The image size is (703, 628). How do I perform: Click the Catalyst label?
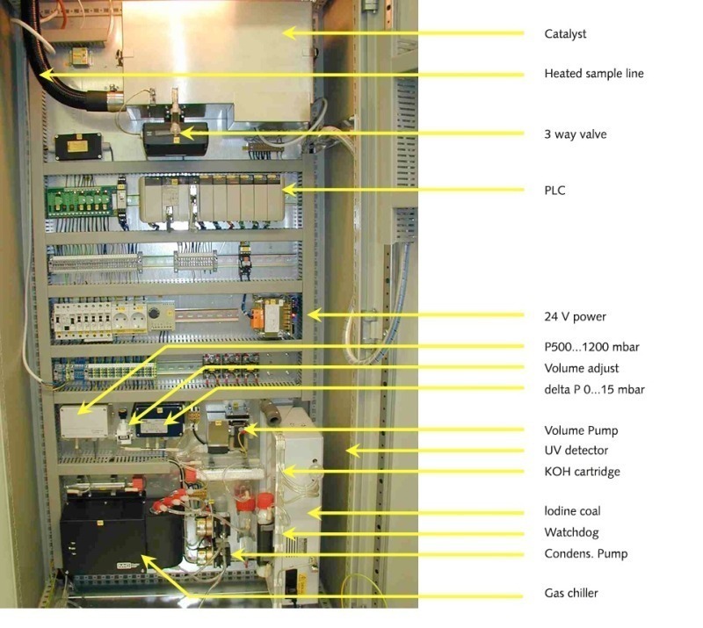pyautogui.click(x=565, y=34)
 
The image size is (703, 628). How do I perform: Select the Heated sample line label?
pyautogui.click(x=594, y=74)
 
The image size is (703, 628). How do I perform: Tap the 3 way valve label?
pyautogui.click(x=576, y=134)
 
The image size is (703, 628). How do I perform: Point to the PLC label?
pyautogui.click(x=555, y=190)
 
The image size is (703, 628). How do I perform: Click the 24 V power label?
pyautogui.click(x=575, y=316)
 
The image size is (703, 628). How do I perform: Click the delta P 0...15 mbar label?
pyautogui.click(x=595, y=389)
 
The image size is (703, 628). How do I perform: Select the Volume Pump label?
pyautogui.click(x=581, y=430)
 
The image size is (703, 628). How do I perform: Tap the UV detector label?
pyautogui.click(x=576, y=451)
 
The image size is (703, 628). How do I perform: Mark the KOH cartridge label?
pyautogui.click(x=582, y=472)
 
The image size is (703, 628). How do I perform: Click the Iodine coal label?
pyautogui.click(x=572, y=511)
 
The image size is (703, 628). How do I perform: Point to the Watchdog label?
pyautogui.click(x=571, y=532)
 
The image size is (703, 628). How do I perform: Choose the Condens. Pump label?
pyautogui.click(x=585, y=553)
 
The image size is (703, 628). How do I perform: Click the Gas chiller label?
pyautogui.click(x=571, y=594)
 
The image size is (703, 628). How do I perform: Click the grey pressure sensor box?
pyautogui.click(x=83, y=421)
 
